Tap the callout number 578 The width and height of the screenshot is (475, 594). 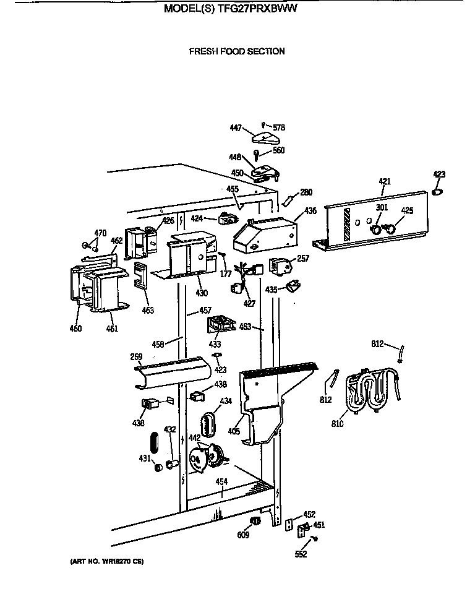[x=279, y=127]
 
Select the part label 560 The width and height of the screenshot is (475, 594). [x=278, y=150]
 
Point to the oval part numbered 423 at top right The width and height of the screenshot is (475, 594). [x=439, y=192]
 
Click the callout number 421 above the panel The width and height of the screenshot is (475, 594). [x=385, y=181]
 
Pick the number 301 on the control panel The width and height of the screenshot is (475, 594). [x=382, y=207]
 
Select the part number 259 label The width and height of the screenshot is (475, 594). [x=136, y=356]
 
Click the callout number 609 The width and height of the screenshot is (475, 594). [x=242, y=535]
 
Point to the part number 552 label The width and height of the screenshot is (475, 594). [x=301, y=554]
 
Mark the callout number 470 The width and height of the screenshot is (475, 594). [x=100, y=233]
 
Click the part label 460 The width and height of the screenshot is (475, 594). [x=75, y=329]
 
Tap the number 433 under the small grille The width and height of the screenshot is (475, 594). [x=215, y=343]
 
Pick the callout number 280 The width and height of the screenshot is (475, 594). [x=306, y=192]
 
